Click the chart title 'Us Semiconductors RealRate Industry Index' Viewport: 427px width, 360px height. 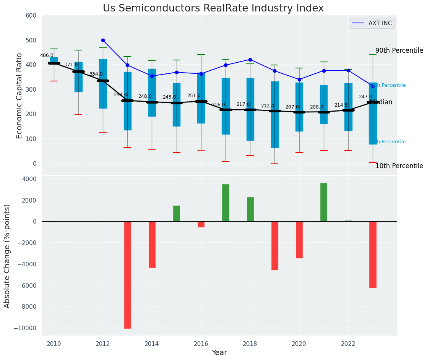click(x=213, y=8)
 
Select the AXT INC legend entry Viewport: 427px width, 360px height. click(x=372, y=23)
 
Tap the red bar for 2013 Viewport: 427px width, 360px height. click(x=127, y=274)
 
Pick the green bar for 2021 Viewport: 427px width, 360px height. click(x=324, y=202)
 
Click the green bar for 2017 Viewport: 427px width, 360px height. click(x=226, y=203)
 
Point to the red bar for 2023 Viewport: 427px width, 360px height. click(x=373, y=255)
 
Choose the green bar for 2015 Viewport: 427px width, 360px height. click(x=177, y=213)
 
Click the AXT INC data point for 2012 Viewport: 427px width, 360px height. click(x=103, y=40)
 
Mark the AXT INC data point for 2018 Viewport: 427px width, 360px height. click(x=250, y=60)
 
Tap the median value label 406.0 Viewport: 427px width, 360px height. click(x=47, y=55)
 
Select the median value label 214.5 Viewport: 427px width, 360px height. click(x=341, y=105)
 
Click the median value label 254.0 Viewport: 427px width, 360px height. click(x=120, y=95)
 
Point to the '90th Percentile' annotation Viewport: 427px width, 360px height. click(x=399, y=50)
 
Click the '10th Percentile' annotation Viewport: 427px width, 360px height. click(x=399, y=166)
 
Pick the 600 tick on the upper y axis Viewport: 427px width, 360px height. click(x=31, y=16)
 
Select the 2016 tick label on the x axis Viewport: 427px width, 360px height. click(x=201, y=343)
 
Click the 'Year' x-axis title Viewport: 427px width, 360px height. click(x=219, y=353)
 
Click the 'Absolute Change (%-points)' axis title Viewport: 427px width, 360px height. click(x=7, y=256)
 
